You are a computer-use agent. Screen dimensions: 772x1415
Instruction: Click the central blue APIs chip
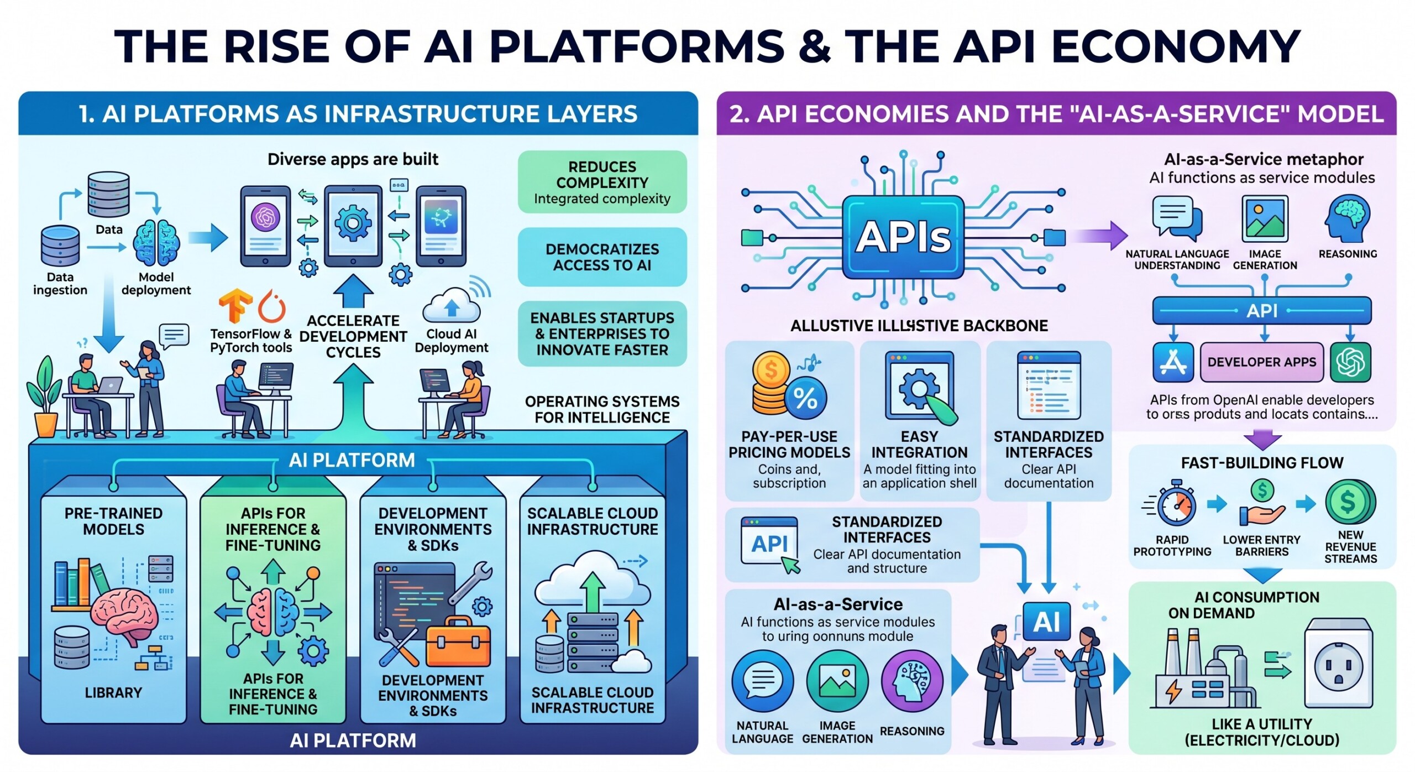[903, 237]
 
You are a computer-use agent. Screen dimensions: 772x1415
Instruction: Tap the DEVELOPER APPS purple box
[1261, 362]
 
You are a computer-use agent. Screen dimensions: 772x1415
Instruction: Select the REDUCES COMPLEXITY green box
[602, 182]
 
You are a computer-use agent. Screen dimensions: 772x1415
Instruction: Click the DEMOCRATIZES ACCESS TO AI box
[602, 257]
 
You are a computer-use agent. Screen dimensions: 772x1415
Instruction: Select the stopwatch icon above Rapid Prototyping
[1176, 504]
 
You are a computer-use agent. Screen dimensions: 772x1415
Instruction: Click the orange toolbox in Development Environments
[458, 641]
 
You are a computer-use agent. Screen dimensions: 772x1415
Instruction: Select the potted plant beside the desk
[46, 395]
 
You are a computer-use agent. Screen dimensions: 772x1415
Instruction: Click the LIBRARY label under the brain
[113, 692]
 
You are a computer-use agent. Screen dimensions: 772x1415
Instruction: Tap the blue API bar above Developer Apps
[1261, 311]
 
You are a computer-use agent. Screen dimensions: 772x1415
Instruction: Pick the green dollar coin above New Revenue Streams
[1348, 502]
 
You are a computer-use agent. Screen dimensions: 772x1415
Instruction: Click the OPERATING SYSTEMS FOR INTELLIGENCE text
[602, 409]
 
